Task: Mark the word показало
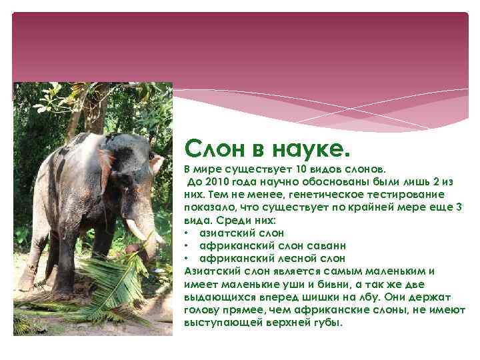pyautogui.click(x=207, y=207)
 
